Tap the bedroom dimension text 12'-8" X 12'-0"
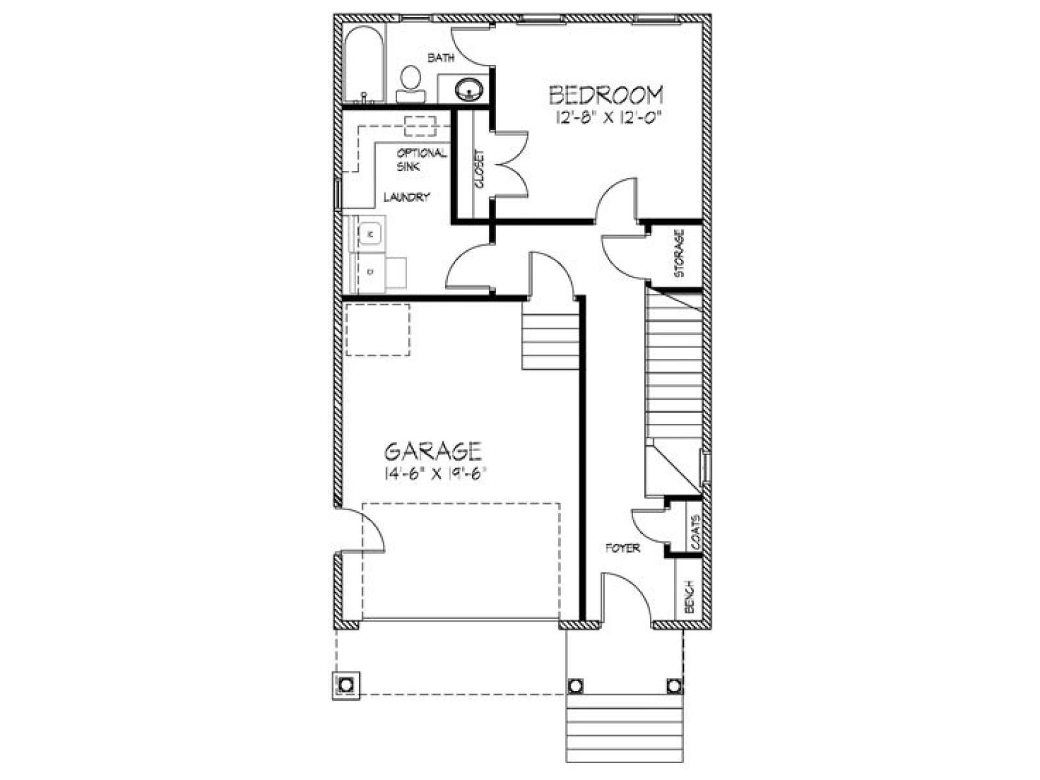click(608, 118)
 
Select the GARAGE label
click(433, 451)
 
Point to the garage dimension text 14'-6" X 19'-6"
click(436, 474)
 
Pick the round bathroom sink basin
click(469, 88)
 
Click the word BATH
click(441, 58)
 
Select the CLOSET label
click(478, 170)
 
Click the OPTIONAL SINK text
click(421, 160)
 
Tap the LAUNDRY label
click(406, 197)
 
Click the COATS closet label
click(695, 532)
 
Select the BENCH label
click(689, 596)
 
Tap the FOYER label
click(623, 549)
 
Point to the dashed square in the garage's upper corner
click(378, 330)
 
